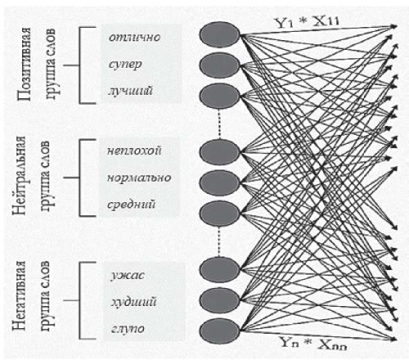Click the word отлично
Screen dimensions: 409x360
(x=134, y=37)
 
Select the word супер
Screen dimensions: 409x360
(x=125, y=65)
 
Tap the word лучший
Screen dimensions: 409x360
(x=130, y=91)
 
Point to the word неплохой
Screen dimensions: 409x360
(x=134, y=151)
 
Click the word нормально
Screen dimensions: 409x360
(x=139, y=178)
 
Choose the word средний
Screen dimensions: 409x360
(x=131, y=205)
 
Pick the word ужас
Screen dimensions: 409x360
(x=128, y=276)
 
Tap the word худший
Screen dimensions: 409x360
(x=133, y=302)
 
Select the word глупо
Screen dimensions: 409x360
(x=128, y=329)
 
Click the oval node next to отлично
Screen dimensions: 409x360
(x=219, y=34)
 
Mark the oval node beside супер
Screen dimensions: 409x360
(x=219, y=65)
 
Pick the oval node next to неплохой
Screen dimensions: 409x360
(x=219, y=152)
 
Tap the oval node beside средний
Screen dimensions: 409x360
(x=219, y=214)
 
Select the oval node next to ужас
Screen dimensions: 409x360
(x=219, y=269)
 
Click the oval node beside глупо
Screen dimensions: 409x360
(x=219, y=331)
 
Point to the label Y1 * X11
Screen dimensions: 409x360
(x=308, y=22)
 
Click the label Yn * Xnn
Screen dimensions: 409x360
(x=313, y=344)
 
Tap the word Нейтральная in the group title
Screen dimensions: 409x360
(x=19, y=175)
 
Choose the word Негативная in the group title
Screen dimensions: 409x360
(x=19, y=296)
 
